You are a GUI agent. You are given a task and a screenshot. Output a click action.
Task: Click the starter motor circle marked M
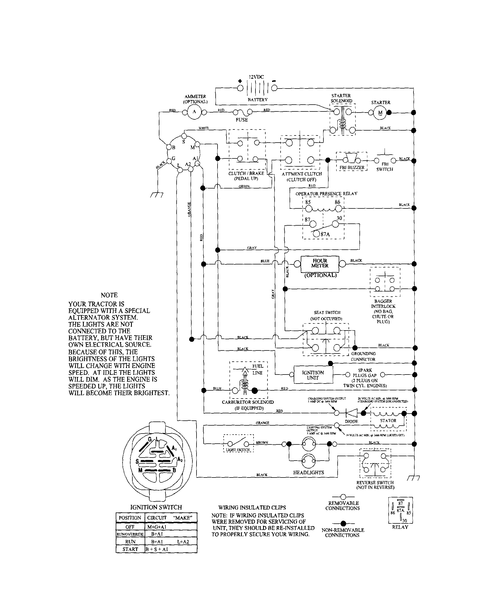point(380,113)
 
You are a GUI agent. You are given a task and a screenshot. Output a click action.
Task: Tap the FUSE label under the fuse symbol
point(242,120)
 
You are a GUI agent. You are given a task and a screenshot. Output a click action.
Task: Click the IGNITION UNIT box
point(313,375)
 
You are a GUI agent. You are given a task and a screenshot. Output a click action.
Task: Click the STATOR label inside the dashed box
point(388,421)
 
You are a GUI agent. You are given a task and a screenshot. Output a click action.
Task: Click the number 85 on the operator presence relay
point(308,202)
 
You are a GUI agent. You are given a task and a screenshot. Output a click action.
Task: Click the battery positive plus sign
point(240,81)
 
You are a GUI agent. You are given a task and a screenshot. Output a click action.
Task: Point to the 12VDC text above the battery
point(256,77)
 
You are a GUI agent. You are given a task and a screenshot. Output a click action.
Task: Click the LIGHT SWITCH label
point(238,450)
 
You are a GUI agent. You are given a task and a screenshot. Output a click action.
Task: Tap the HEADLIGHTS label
point(308,472)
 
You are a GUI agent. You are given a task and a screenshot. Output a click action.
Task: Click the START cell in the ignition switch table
point(130,549)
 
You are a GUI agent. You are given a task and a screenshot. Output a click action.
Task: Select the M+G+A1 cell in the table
point(157,527)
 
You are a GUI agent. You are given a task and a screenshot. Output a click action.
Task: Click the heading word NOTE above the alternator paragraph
point(109,295)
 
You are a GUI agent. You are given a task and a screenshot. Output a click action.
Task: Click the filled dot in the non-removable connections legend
point(343,524)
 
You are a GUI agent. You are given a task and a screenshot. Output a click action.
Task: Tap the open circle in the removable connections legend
point(343,497)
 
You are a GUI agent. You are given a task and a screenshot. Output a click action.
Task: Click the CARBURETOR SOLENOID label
point(248,402)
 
